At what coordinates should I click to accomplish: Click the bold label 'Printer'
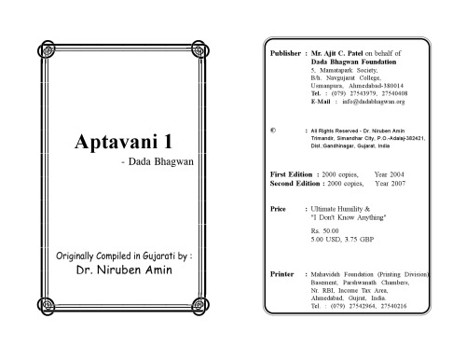(x=282, y=275)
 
